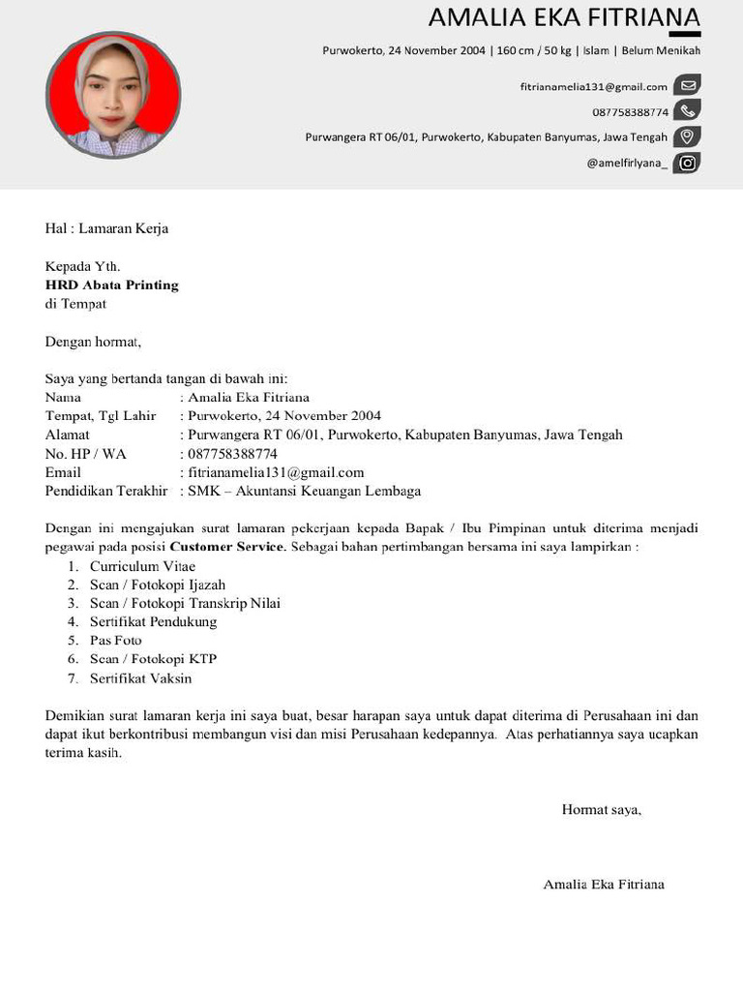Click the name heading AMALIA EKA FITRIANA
coord(563,18)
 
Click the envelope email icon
coord(687,86)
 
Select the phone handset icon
coord(687,111)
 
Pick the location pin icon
coord(687,136)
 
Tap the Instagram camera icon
coord(687,163)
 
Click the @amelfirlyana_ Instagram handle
coord(626,163)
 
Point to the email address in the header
coord(593,87)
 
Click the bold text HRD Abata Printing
coord(112,285)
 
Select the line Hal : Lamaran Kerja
coord(106,228)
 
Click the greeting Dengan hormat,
coord(93,341)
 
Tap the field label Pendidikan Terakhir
coord(106,491)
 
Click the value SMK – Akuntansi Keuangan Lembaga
coord(305,491)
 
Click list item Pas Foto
coord(116,641)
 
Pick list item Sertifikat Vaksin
coord(141,678)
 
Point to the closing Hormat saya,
coord(602,809)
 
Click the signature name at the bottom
coord(604,885)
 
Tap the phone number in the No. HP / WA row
coord(233,454)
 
